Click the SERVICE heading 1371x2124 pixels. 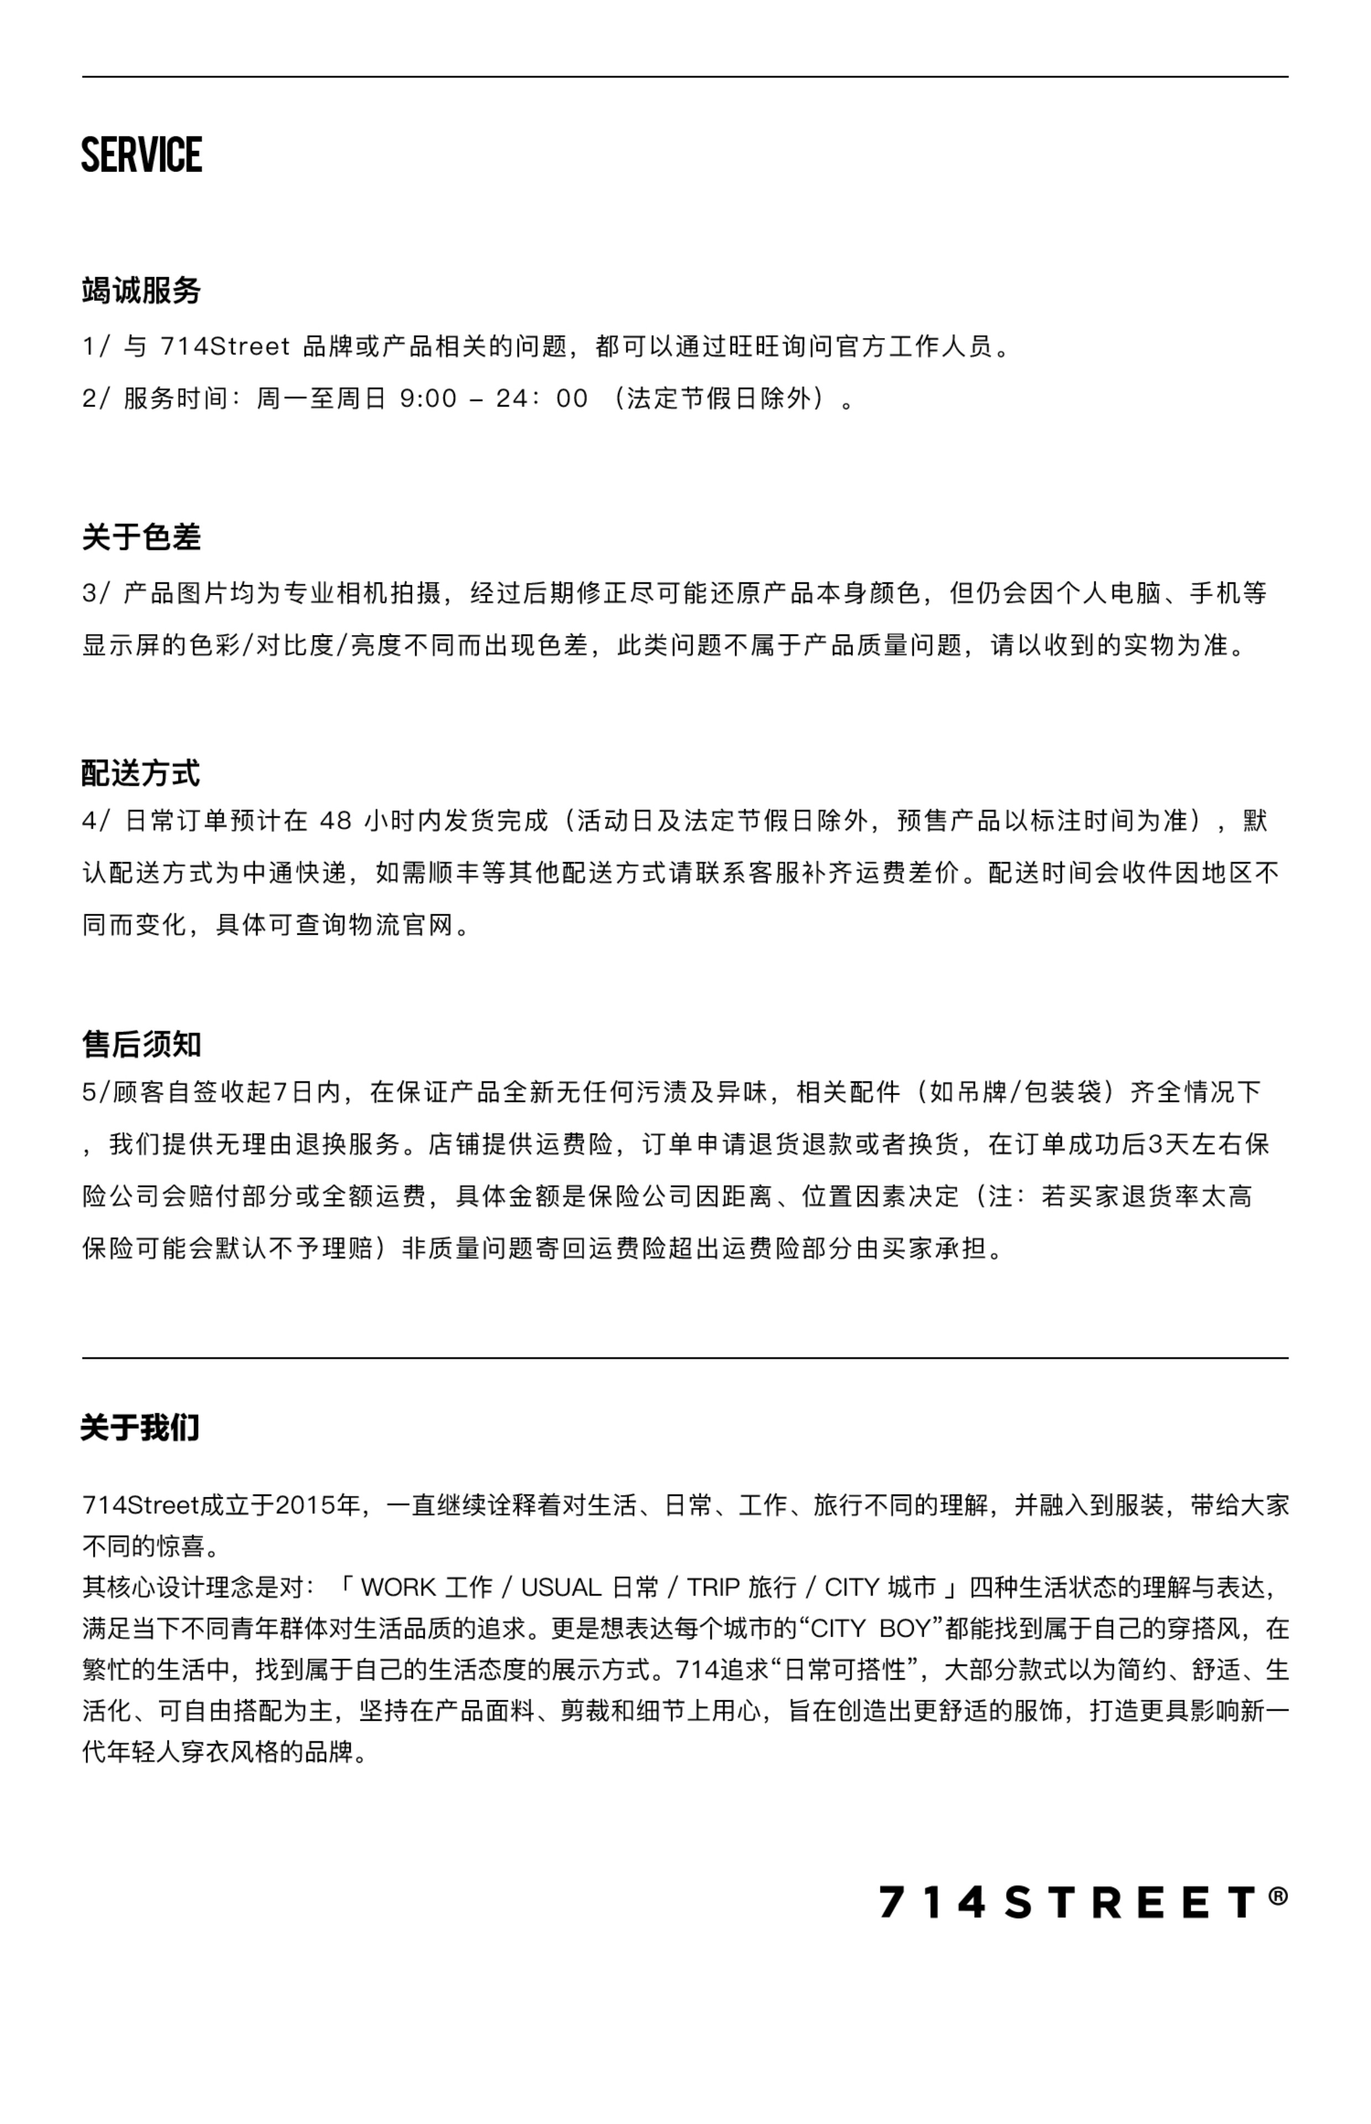click(x=142, y=154)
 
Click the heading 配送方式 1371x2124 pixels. click(x=140, y=773)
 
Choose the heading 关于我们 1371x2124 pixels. click(x=140, y=1427)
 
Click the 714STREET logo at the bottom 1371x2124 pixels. click(x=1068, y=1902)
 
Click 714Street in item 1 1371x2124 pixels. click(x=225, y=346)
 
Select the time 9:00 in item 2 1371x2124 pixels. click(x=428, y=398)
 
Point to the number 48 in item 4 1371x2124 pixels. click(x=335, y=820)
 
